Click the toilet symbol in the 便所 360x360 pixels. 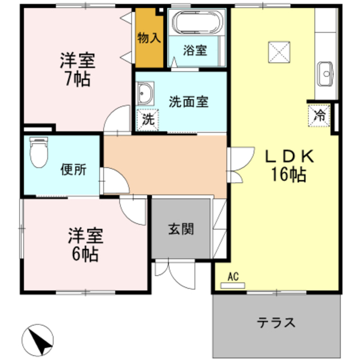(39, 152)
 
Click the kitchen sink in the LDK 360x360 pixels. (325, 73)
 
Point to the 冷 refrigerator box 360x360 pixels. (319, 116)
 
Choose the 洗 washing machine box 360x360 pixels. (147, 119)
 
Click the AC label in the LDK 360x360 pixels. (234, 276)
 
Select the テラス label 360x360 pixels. (276, 323)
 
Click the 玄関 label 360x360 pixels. (181, 229)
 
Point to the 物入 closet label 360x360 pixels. (149, 39)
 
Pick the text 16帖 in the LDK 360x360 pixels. (287, 175)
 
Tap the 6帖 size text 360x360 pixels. (85, 254)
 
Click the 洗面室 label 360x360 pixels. (189, 102)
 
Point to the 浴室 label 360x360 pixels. (195, 50)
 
